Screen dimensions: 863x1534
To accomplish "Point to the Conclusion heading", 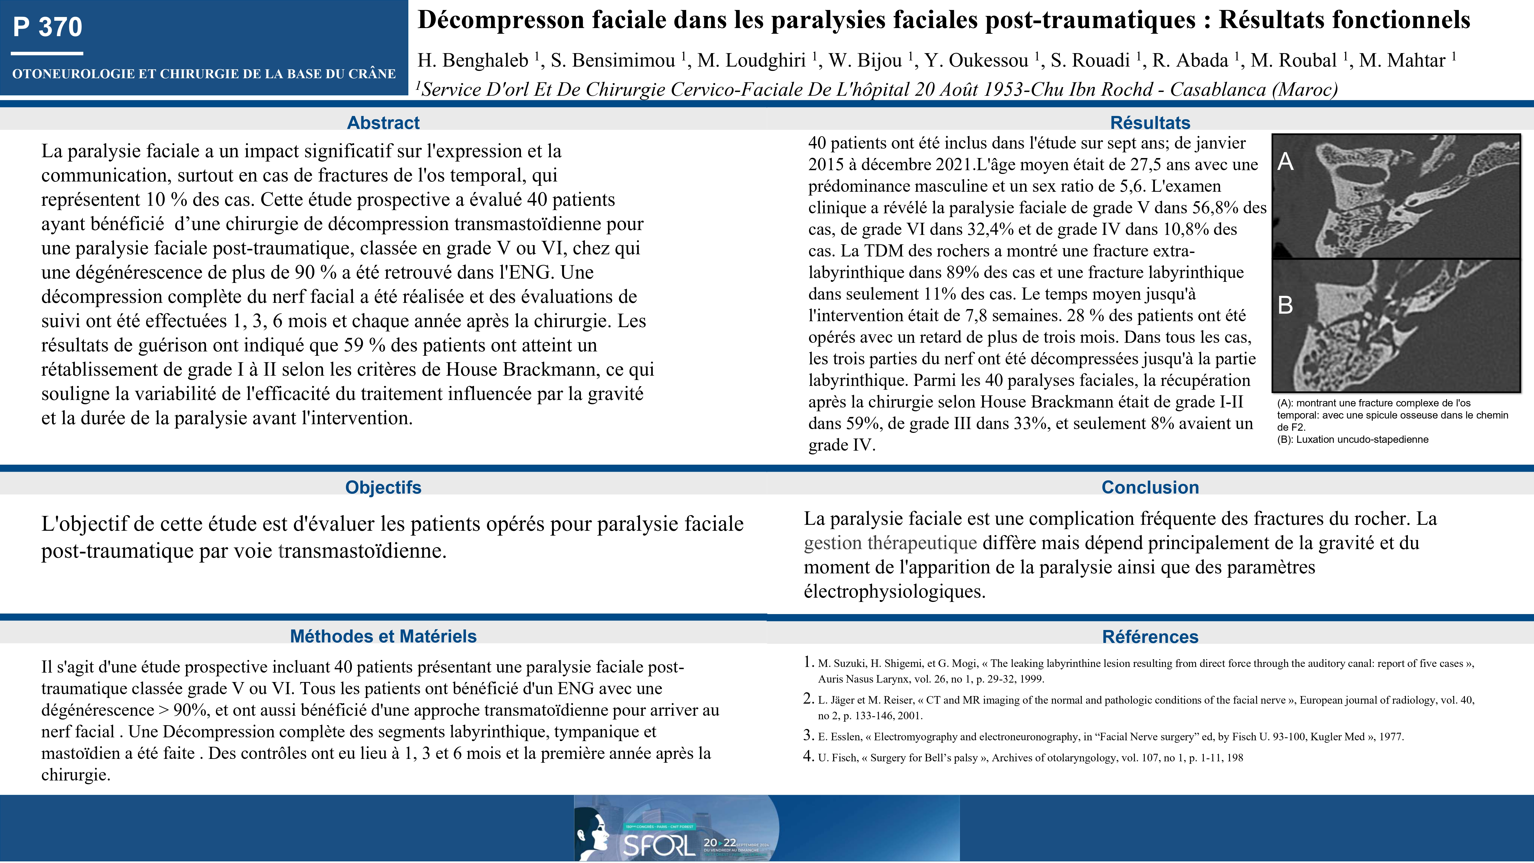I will click(x=1150, y=487).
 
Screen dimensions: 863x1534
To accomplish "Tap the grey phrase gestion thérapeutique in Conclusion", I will click(x=890, y=543).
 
